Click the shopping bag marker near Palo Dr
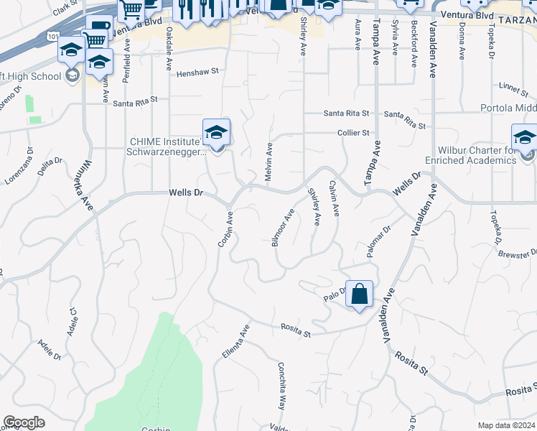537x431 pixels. tap(359, 294)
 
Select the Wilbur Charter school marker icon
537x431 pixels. tap(525, 138)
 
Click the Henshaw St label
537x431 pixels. tap(197, 73)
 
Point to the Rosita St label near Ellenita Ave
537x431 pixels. tap(295, 333)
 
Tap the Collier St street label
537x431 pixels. tap(354, 133)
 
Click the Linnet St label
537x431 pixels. tap(513, 88)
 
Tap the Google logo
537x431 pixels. tap(24, 422)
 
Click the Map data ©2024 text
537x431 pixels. tap(506, 425)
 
